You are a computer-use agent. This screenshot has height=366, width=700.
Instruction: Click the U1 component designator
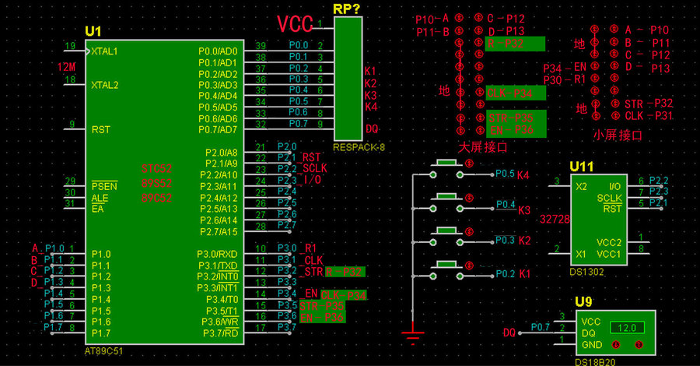click(x=93, y=31)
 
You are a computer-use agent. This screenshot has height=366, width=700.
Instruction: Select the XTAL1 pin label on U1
click(x=105, y=51)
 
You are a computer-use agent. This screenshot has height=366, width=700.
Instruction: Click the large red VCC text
click(x=296, y=23)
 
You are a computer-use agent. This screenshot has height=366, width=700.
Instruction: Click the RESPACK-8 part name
click(x=359, y=146)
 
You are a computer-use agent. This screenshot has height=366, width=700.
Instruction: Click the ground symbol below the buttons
click(x=411, y=336)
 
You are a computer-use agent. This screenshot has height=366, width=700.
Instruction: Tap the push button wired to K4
click(x=446, y=163)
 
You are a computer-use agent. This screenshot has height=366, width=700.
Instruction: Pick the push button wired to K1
click(x=446, y=265)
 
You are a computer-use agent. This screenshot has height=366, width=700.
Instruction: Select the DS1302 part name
click(x=586, y=272)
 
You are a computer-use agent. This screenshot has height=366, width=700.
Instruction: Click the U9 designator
click(x=585, y=301)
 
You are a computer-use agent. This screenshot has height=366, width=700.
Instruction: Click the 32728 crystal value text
click(x=555, y=220)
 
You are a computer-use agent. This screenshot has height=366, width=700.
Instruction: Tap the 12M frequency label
click(x=66, y=67)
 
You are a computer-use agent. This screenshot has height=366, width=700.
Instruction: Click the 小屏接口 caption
click(x=618, y=135)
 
